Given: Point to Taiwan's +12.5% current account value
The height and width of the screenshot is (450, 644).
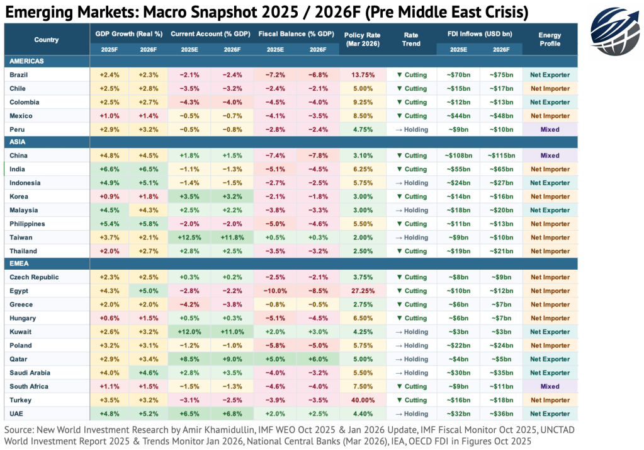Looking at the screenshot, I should tap(189, 238).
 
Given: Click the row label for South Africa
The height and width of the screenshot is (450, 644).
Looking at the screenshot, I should tap(29, 386).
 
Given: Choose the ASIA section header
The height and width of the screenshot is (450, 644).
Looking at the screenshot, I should tap(18, 142).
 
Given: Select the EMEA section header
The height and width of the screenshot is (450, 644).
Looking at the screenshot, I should tap(19, 264).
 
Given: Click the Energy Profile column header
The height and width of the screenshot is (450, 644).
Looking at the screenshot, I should tap(550, 39).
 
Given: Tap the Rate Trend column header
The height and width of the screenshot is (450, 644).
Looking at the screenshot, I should tap(411, 39).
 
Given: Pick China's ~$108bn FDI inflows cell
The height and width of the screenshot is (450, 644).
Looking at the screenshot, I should tap(458, 156).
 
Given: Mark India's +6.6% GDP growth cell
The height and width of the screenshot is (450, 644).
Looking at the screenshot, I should tap(109, 169).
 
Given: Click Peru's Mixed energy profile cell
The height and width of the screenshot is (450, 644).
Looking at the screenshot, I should tap(550, 129).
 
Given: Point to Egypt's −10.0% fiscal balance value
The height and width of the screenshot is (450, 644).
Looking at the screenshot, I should tap(274, 291).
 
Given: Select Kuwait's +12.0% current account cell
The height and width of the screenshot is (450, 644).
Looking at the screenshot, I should tap(189, 332).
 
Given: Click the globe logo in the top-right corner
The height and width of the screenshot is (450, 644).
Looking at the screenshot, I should tap(613, 27).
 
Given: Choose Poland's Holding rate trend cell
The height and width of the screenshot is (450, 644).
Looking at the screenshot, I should tap(411, 345).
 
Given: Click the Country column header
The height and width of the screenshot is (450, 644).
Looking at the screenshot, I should tap(46, 40).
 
